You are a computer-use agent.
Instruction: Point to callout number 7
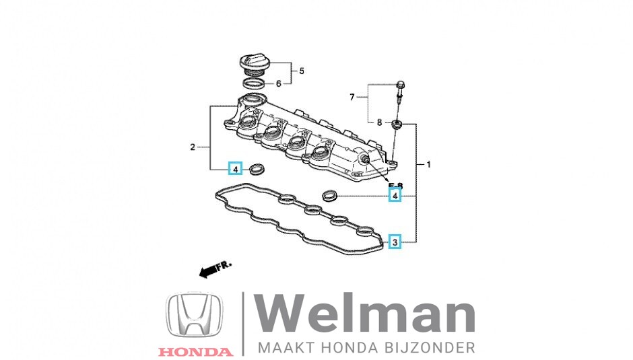352,98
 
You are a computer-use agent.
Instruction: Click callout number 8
380,122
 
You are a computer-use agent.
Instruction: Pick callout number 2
193,147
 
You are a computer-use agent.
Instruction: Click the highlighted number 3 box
395,241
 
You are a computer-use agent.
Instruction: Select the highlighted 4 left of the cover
235,168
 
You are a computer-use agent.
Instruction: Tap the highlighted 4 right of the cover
395,196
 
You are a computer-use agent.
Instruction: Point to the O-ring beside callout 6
254,84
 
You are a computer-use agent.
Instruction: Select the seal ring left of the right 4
329,196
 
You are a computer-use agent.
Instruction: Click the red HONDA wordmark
195,351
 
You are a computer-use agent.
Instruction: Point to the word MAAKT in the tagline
284,348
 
